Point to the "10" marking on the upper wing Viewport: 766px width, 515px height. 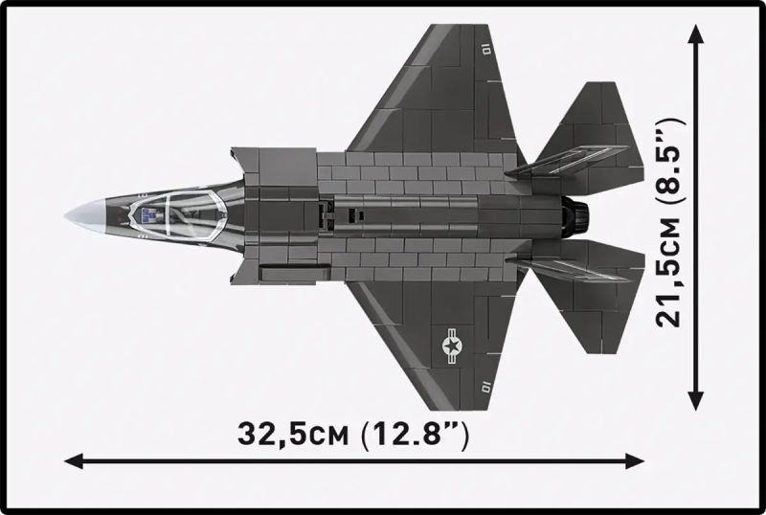(486, 44)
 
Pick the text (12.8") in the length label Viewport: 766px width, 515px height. (414, 436)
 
